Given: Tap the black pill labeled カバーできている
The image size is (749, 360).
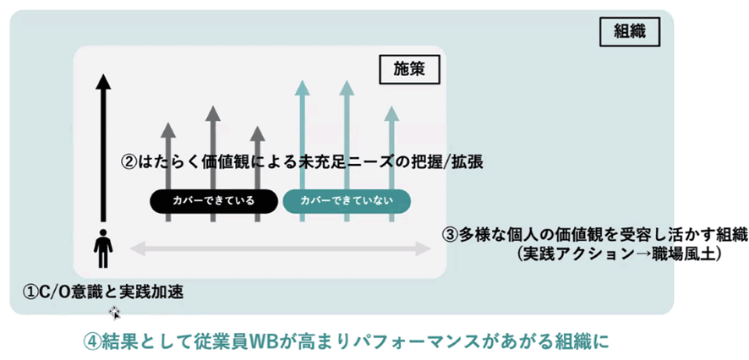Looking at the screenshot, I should click(212, 200).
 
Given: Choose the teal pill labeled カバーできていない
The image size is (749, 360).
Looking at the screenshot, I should click(346, 200).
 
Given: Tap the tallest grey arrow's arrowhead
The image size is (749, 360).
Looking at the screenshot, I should click(212, 113).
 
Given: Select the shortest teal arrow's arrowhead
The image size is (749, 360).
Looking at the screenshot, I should click(390, 113).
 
